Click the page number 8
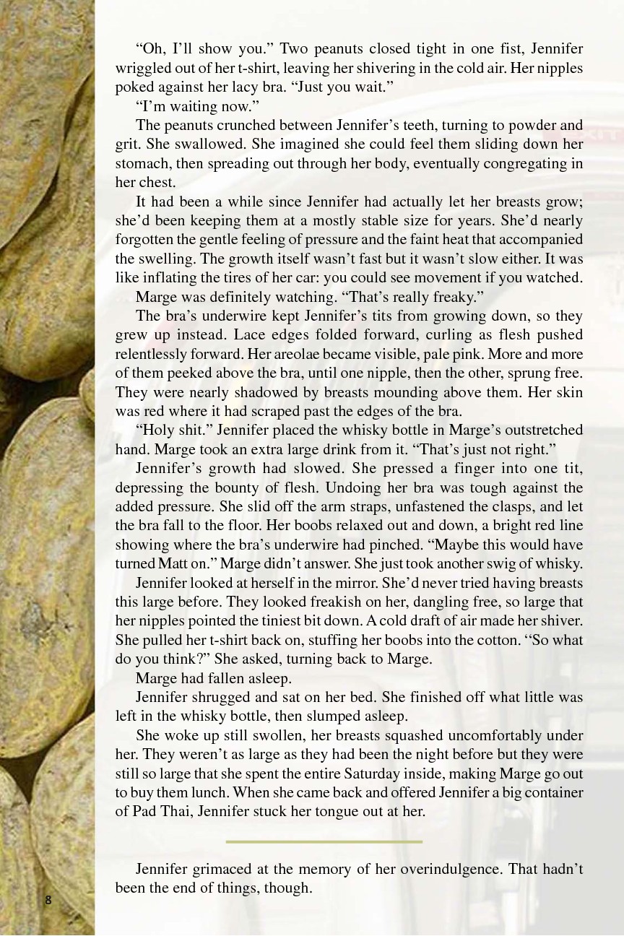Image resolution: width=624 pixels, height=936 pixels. click(x=48, y=899)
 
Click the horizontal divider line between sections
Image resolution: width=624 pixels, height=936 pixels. click(x=324, y=841)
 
